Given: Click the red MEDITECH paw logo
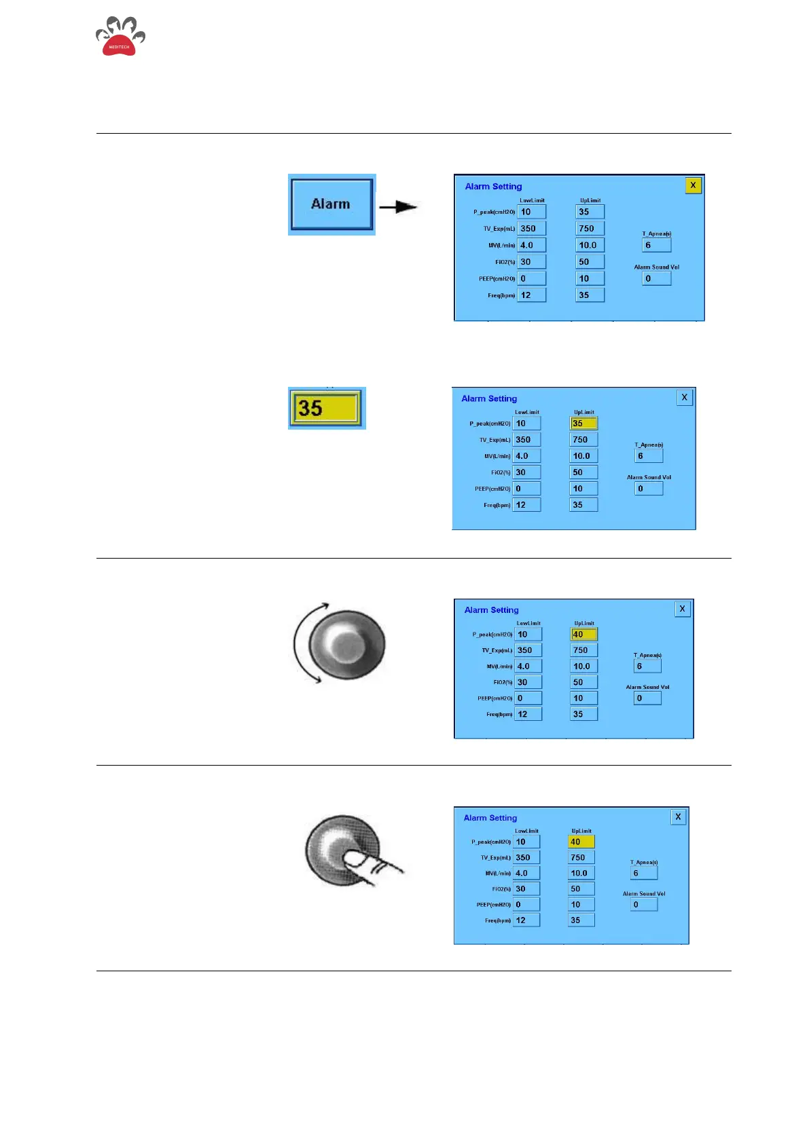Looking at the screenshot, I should pyautogui.click(x=120, y=38).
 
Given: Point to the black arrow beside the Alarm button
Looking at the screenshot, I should pyautogui.click(x=399, y=206).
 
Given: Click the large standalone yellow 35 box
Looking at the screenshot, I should pyautogui.click(x=326, y=408).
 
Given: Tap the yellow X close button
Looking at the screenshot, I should pyautogui.click(x=693, y=185).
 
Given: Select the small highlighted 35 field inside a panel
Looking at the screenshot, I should pyautogui.click(x=583, y=424).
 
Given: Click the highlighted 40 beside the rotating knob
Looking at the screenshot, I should pyautogui.click(x=583, y=635).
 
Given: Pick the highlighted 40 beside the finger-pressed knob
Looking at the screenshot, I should pyautogui.click(x=581, y=842).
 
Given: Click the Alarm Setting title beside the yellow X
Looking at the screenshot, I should pyautogui.click(x=494, y=187).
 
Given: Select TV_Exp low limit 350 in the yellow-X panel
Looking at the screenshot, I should pyautogui.click(x=531, y=229).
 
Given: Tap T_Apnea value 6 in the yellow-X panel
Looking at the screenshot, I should pyautogui.click(x=656, y=245).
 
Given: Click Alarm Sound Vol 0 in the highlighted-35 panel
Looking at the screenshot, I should pyautogui.click(x=649, y=489).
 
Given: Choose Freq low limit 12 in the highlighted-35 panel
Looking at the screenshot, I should pyautogui.click(x=526, y=505).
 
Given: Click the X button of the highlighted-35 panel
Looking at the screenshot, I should pyautogui.click(x=684, y=398).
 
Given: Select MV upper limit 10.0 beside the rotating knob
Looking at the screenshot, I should pyautogui.click(x=583, y=667).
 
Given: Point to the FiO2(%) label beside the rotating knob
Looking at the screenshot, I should pyautogui.click(x=502, y=682).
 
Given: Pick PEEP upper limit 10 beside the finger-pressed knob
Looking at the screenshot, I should pyautogui.click(x=581, y=905).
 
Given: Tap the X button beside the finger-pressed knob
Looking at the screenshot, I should pyautogui.click(x=678, y=817).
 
